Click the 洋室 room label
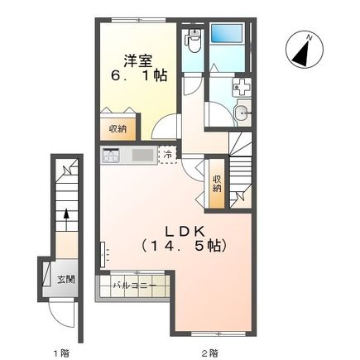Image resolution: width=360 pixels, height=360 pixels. [x=137, y=61]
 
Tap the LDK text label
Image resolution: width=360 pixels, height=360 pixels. [x=185, y=232]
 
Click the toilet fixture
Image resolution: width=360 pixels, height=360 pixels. [x=194, y=41]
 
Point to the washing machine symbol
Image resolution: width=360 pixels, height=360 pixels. [x=242, y=87]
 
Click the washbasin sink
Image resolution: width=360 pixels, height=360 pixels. [x=242, y=113]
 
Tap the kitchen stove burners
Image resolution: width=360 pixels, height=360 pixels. [x=111, y=156]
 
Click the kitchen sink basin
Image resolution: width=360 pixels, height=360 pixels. [x=143, y=156]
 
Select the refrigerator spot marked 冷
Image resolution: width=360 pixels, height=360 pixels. [x=167, y=155]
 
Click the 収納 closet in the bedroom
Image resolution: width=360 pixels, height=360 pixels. [x=118, y=129]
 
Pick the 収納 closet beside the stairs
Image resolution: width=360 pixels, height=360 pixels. [x=217, y=184]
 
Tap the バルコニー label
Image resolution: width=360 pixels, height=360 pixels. [x=135, y=286]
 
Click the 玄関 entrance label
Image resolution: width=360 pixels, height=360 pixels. [x=66, y=280]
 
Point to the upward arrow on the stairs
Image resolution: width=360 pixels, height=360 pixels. [x=66, y=219]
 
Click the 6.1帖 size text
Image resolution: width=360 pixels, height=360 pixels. [x=139, y=75]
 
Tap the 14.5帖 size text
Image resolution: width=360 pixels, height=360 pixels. [x=185, y=246]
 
